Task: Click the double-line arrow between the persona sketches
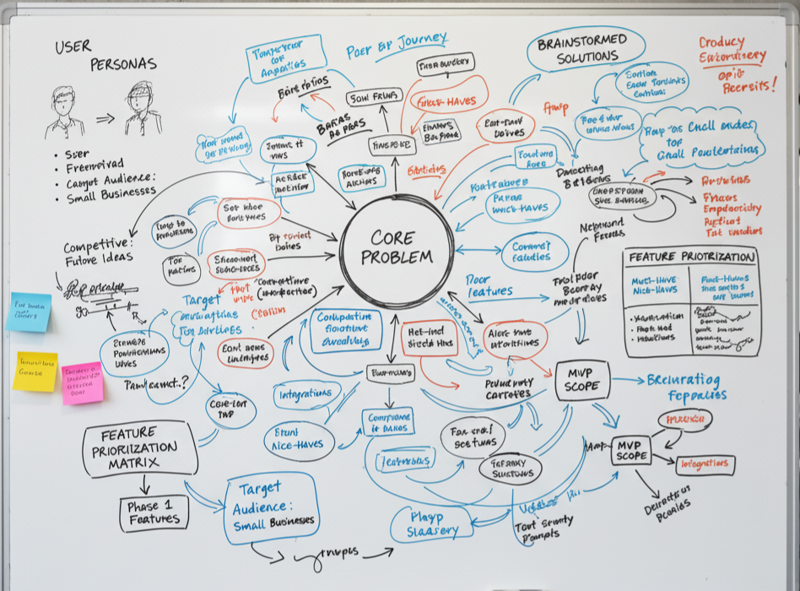click(105, 119)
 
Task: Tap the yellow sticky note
click(35, 371)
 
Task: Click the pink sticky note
click(82, 382)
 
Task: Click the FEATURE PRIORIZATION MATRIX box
click(139, 448)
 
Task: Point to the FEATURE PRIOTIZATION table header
click(691, 258)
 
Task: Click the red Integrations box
click(705, 464)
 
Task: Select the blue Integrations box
click(305, 393)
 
